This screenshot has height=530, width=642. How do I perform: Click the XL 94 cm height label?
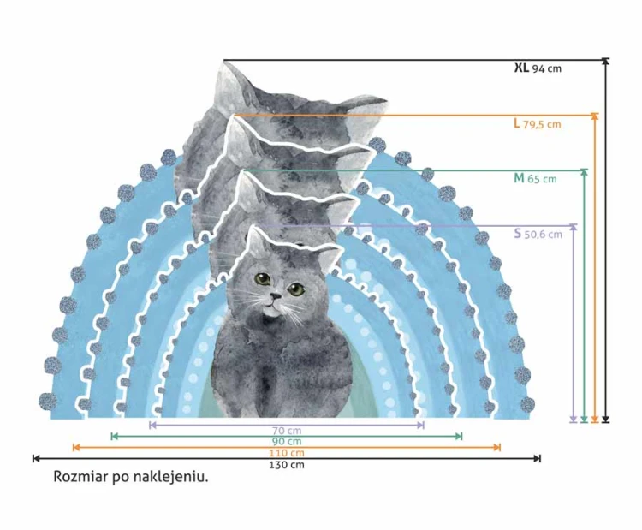(538, 68)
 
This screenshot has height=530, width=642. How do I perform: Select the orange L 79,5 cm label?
(538, 123)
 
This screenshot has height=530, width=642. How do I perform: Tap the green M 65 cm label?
(535, 179)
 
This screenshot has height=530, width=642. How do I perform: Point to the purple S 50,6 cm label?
(538, 234)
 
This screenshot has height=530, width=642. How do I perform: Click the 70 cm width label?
(287, 431)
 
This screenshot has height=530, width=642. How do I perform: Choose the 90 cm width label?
(287, 442)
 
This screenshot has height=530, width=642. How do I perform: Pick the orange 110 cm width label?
(287, 453)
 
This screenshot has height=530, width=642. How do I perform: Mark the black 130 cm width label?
(287, 465)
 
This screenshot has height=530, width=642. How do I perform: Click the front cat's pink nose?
(275, 295)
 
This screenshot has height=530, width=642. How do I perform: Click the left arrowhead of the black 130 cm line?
(36, 458)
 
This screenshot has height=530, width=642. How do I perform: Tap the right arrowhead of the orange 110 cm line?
(497, 447)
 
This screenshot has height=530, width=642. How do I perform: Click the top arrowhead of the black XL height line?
(606, 62)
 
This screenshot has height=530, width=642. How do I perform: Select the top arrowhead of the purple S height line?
(574, 227)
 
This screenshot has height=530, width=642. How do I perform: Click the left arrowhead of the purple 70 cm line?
(153, 426)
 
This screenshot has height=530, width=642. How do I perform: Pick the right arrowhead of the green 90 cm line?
(459, 436)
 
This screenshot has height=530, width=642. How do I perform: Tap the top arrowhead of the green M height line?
(585, 172)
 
